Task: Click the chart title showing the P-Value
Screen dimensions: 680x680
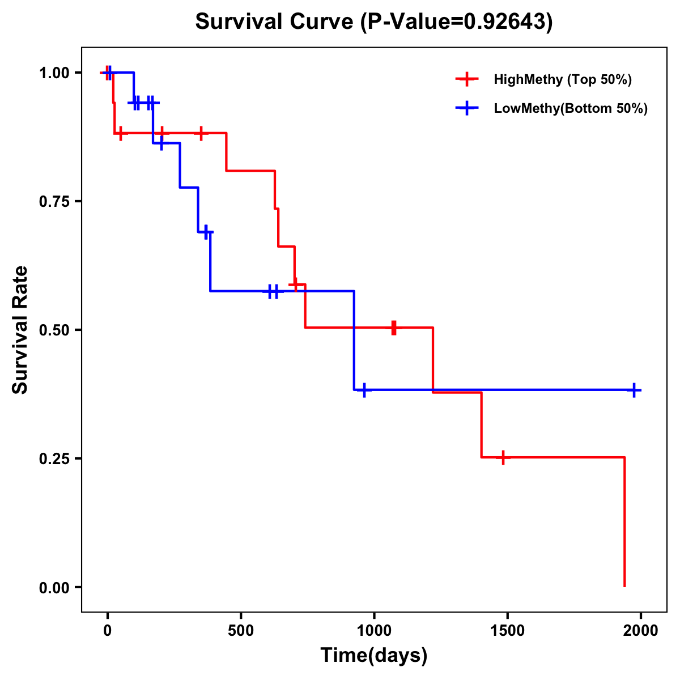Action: coord(374,22)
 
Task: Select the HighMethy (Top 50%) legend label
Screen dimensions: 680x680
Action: coord(563,79)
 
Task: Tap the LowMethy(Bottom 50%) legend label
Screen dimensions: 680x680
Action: coord(571,108)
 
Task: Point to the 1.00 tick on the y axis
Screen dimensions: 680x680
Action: coord(54,73)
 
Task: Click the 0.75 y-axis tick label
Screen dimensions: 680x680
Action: coord(54,201)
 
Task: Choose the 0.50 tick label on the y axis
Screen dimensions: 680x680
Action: coord(54,330)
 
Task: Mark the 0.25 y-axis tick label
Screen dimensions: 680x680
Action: coord(54,458)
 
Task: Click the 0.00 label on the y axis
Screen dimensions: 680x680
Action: coord(54,587)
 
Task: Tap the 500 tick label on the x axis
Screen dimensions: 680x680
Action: coord(241,631)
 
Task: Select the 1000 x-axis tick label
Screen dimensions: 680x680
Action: coord(374,631)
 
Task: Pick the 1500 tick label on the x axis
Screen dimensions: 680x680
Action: coord(507,631)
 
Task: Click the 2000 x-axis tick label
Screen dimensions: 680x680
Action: coord(641,631)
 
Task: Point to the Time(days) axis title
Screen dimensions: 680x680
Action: coord(374,656)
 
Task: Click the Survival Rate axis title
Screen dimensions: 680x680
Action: coord(20,330)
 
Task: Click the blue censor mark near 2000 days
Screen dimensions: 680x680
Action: coord(634,390)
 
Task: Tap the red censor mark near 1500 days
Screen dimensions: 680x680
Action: coord(503,457)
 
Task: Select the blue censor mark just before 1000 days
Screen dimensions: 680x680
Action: coord(364,390)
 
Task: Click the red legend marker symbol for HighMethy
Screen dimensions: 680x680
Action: coord(467,79)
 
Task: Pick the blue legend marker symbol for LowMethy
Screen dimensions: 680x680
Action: coord(467,108)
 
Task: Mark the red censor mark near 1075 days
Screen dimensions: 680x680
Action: coord(394,328)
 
